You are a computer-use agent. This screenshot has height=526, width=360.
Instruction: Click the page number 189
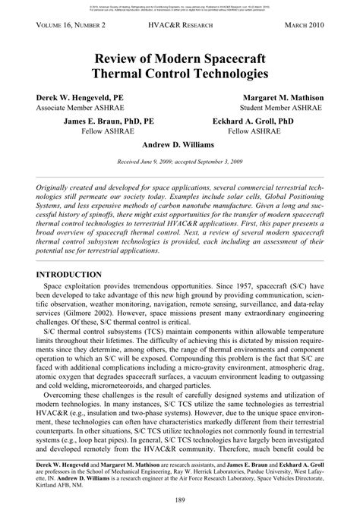[x=180, y=499]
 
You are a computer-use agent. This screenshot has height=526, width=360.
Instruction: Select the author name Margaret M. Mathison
[x=283, y=99]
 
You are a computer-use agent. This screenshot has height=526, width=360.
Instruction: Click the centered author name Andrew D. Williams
[x=180, y=143]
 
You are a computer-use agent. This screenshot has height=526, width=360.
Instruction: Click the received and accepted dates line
[x=180, y=162]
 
